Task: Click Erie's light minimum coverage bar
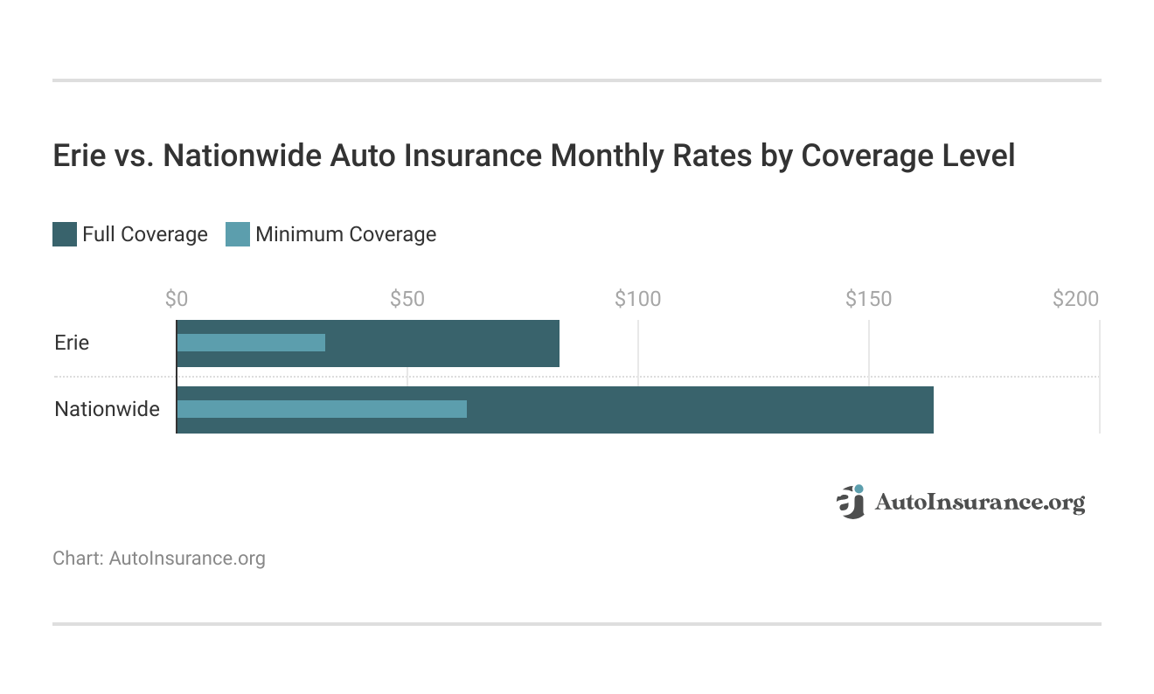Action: (x=252, y=343)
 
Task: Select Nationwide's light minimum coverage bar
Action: (x=322, y=409)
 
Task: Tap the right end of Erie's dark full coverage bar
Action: (x=556, y=343)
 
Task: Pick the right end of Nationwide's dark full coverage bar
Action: (x=930, y=409)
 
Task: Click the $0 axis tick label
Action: (x=177, y=299)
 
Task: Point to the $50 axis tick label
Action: (x=407, y=299)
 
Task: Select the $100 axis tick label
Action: (x=638, y=299)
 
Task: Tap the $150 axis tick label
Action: (x=869, y=299)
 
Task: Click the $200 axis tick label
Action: (x=1075, y=299)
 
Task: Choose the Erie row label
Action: (x=72, y=343)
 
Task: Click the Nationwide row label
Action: (x=107, y=409)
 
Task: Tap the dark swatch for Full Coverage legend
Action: (x=65, y=234)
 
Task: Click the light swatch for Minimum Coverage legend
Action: (x=238, y=234)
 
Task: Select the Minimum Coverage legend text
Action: (x=345, y=234)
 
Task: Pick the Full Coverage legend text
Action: (x=145, y=234)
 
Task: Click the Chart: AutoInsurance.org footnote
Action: (x=159, y=558)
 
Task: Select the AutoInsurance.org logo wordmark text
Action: (x=979, y=503)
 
